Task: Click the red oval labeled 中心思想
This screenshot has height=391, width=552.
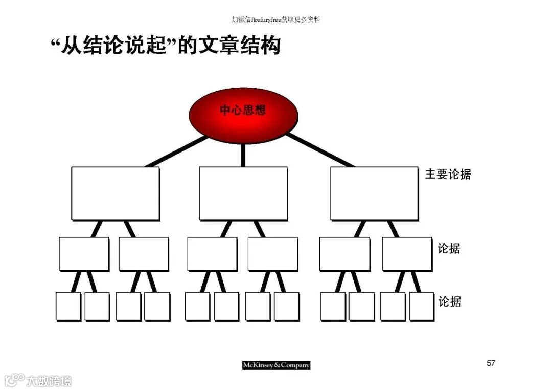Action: (x=243, y=114)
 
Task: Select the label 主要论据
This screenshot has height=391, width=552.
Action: (x=448, y=174)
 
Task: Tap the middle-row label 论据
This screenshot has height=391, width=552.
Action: (x=449, y=249)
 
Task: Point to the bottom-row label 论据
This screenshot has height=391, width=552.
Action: (x=449, y=302)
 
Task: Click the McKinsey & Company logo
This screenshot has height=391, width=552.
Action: (x=276, y=365)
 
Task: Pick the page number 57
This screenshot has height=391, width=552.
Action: (x=491, y=363)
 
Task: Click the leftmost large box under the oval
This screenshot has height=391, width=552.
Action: (x=115, y=193)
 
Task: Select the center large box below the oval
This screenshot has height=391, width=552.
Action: (x=243, y=193)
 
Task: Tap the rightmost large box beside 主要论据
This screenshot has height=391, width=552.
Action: (x=374, y=193)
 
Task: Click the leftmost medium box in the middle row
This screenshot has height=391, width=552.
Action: (x=84, y=253)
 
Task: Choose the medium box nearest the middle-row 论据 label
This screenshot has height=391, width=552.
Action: (x=407, y=253)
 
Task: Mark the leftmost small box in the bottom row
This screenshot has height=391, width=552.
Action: (x=68, y=306)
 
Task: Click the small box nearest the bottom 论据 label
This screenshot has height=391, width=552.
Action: (x=421, y=306)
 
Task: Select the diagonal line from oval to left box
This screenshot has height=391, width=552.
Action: (x=176, y=151)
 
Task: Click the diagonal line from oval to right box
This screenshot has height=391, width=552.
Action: (x=319, y=150)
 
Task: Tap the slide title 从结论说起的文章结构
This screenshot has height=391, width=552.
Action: (x=166, y=46)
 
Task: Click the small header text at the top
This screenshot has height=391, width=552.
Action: (x=275, y=19)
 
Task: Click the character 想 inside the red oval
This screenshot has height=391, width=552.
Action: (x=259, y=110)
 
